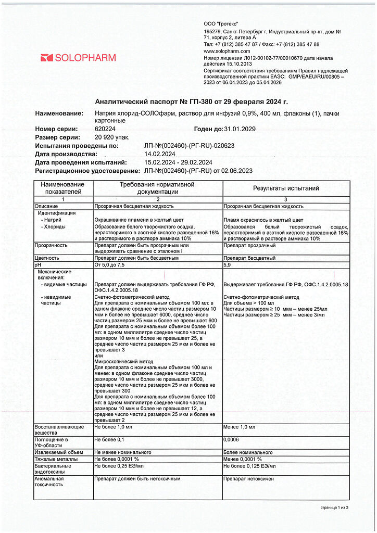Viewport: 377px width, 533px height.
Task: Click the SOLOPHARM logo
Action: coord(78,58)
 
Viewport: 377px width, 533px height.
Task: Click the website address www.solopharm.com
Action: coord(227,52)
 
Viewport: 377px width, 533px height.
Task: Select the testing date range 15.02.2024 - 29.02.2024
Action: coord(178,162)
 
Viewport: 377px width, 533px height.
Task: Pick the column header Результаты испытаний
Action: coord(286,188)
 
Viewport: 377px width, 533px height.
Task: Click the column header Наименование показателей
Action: coord(63,188)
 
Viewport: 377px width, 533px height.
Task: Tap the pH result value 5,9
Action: coord(227,265)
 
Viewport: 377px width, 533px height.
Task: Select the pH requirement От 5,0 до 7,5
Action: coord(111,265)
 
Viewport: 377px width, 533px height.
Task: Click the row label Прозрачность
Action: coord(51,245)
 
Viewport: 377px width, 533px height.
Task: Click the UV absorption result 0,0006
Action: coord(232,440)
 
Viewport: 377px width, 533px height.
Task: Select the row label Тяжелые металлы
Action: coord(56,459)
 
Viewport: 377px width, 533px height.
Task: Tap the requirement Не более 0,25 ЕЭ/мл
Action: coord(119,466)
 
